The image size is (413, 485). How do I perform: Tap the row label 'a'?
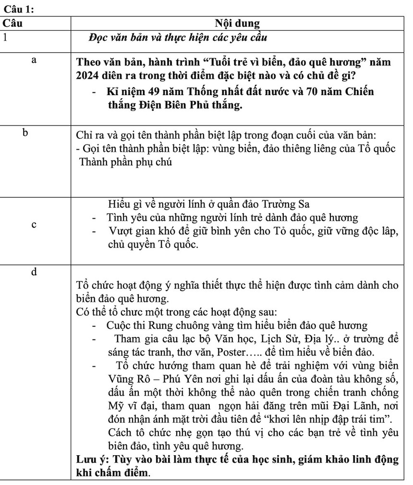34,60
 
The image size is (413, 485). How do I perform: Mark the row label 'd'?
34,272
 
